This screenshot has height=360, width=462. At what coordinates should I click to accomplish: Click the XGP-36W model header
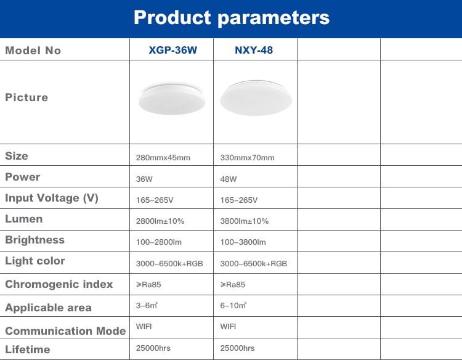click(x=172, y=50)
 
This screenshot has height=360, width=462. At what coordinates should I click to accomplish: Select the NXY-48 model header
click(x=254, y=50)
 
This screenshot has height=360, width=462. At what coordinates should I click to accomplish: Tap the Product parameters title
click(x=232, y=18)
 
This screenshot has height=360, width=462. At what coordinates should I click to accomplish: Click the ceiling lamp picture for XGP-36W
click(x=172, y=99)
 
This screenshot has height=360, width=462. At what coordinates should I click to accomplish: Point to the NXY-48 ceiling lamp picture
click(x=256, y=98)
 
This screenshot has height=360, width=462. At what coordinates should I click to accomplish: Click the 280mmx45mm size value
click(x=163, y=158)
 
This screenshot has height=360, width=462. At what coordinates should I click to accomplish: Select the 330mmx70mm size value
click(x=247, y=158)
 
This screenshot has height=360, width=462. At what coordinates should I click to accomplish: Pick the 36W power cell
click(x=144, y=179)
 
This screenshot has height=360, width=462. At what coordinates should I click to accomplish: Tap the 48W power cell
click(x=229, y=179)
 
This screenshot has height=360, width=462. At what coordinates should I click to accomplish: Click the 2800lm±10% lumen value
click(x=160, y=221)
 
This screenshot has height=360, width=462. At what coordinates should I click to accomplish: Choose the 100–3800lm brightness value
click(x=243, y=242)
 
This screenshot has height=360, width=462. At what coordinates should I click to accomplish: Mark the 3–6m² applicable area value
click(x=147, y=306)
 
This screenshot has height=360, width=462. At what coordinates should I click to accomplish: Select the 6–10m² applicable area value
click(x=233, y=306)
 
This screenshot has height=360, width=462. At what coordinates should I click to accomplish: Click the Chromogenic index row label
click(x=59, y=284)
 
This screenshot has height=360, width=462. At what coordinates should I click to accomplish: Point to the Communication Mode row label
click(x=65, y=331)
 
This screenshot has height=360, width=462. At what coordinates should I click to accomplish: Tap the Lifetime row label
click(x=28, y=350)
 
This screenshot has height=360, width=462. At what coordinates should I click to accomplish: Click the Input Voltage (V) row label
click(x=52, y=198)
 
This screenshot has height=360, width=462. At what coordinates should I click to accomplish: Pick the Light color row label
click(x=35, y=261)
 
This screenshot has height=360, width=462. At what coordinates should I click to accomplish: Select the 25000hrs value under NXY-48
click(x=238, y=348)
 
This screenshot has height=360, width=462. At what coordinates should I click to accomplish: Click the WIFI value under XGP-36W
click(x=144, y=327)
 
